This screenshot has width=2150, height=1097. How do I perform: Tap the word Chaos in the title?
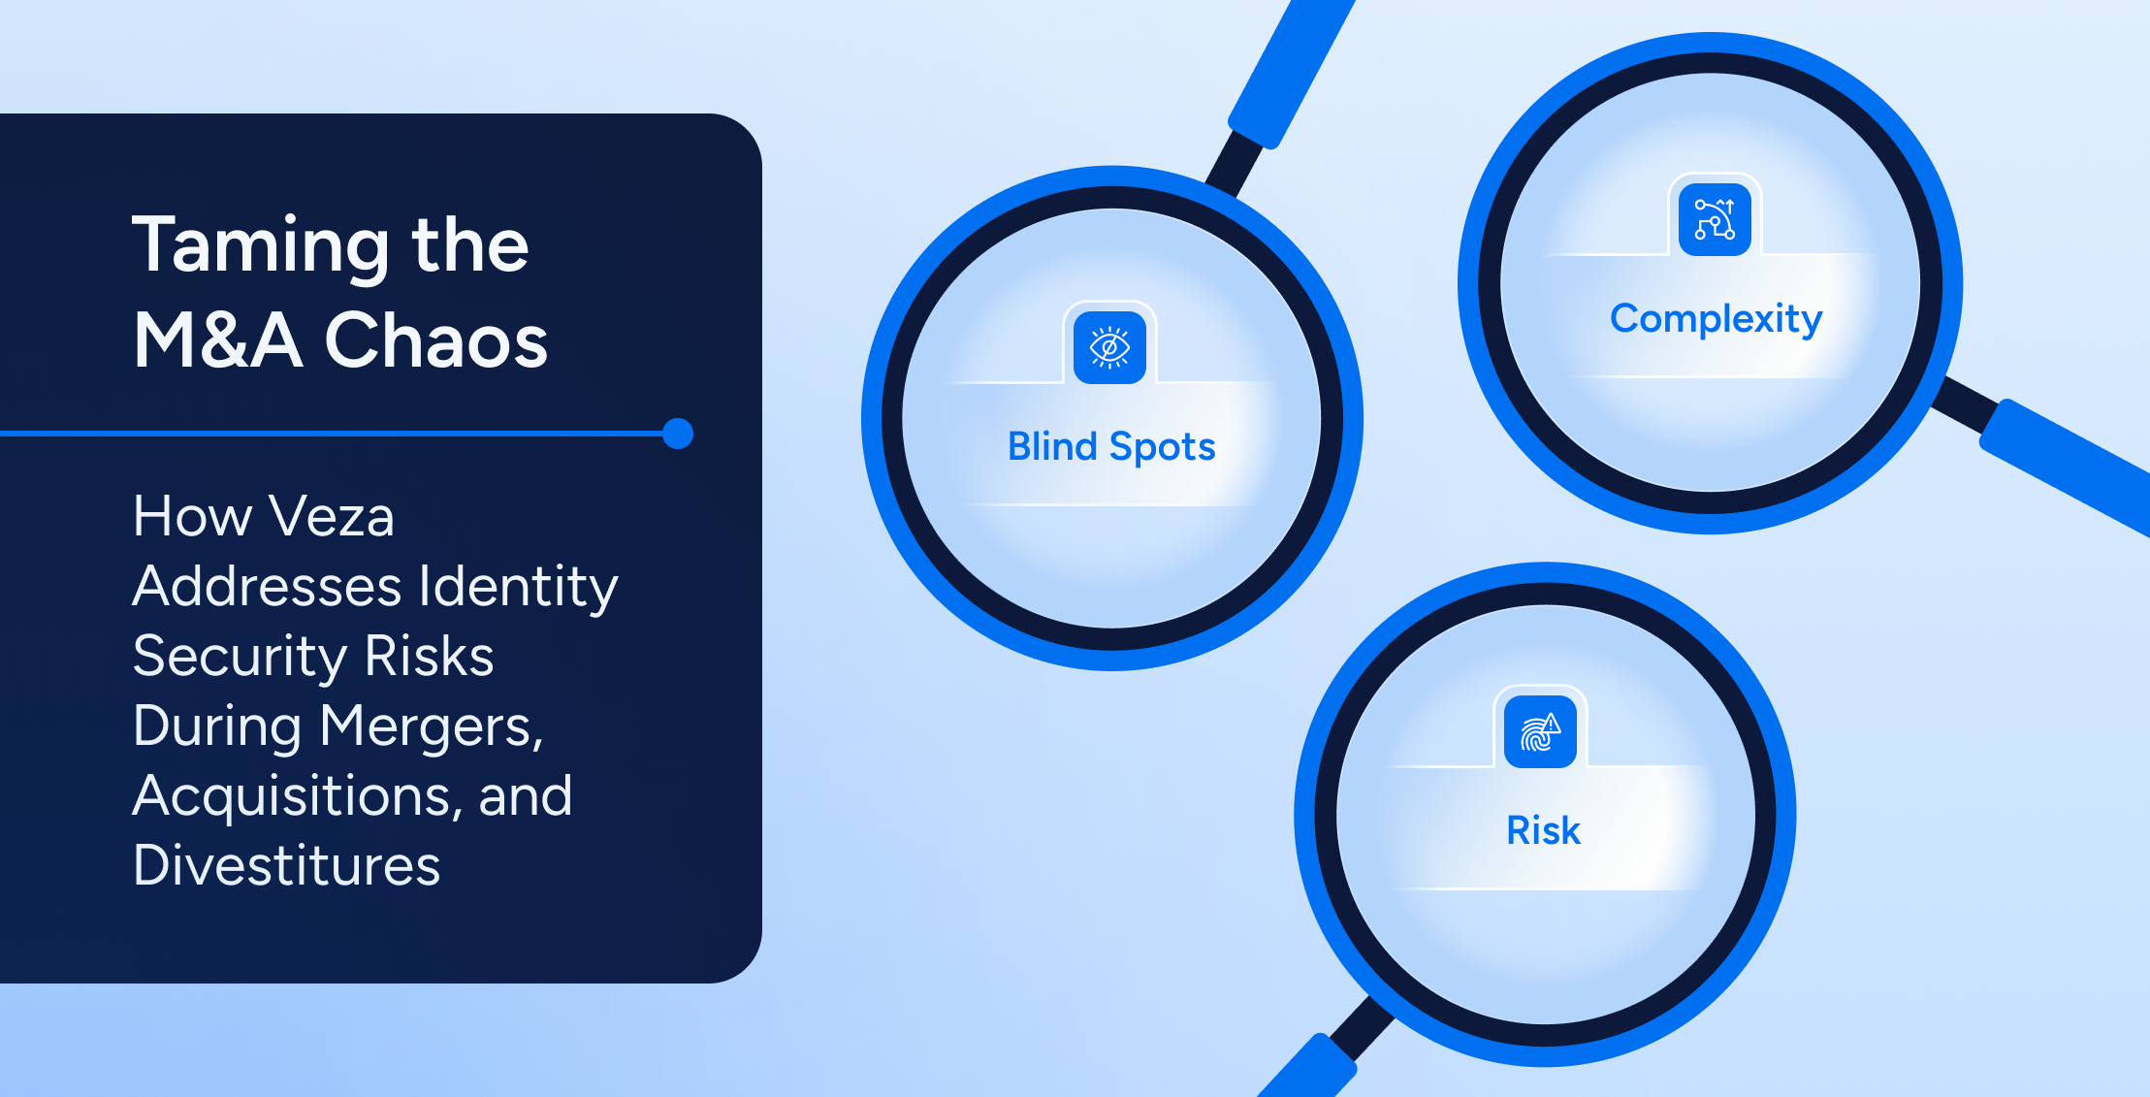pyautogui.click(x=436, y=340)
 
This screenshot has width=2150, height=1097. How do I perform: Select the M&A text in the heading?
pyautogui.click(x=218, y=340)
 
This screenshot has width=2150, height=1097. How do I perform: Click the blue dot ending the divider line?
pyautogui.click(x=678, y=434)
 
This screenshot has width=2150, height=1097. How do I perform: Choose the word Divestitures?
pyautogui.click(x=287, y=865)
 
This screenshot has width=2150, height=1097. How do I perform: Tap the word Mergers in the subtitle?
pyautogui.click(x=432, y=726)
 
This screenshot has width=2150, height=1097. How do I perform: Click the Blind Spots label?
pyautogui.click(x=1111, y=447)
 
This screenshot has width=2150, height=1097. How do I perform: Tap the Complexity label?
pyautogui.click(x=1716, y=319)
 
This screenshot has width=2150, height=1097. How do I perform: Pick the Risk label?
pyautogui.click(x=1544, y=830)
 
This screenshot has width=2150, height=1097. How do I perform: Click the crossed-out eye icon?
pyautogui.click(x=1110, y=347)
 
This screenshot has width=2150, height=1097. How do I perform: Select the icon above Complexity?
pyautogui.click(x=1715, y=219)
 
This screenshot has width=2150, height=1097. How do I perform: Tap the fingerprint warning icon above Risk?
pyautogui.click(x=1540, y=731)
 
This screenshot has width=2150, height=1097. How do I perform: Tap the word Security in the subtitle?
pyautogui.click(x=240, y=657)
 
